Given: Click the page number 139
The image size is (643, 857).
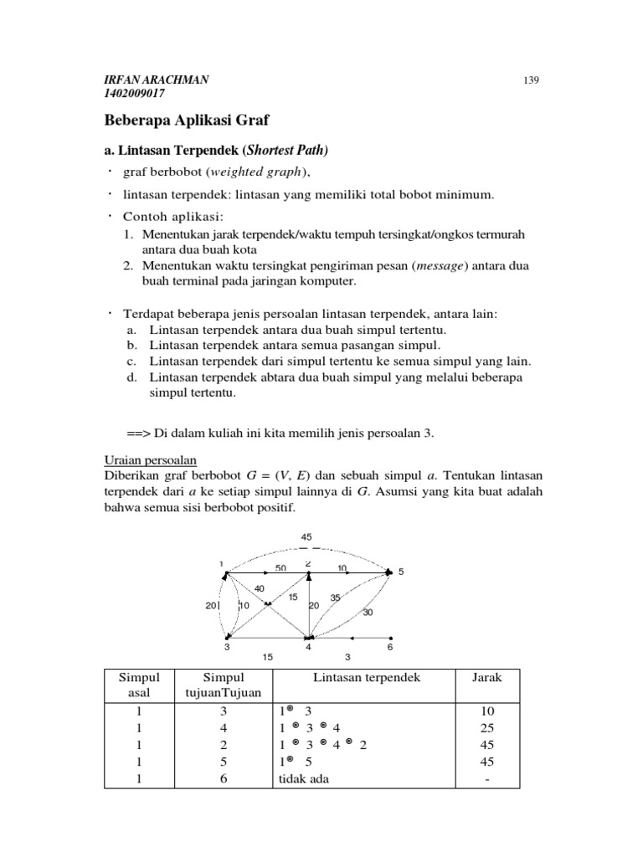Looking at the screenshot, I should (x=528, y=80).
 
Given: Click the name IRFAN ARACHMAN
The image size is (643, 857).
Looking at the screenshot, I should (x=157, y=80).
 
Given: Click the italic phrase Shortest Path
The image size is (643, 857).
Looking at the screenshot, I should (x=285, y=151).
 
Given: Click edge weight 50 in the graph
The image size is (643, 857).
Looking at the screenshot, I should (x=280, y=567).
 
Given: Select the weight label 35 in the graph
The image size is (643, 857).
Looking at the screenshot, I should (x=335, y=597).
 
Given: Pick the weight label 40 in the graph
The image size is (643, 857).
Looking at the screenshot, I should (x=259, y=588).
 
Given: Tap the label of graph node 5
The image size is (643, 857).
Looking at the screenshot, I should (x=401, y=572).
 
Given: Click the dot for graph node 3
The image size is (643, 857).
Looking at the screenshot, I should (x=228, y=638).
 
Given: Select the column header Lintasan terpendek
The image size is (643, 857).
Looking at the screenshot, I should (x=368, y=676).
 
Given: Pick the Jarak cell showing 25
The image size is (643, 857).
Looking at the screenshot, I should (x=486, y=727).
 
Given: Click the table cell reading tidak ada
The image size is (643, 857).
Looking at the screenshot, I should (x=305, y=778).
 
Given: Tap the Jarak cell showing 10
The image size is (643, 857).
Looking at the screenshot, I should (x=486, y=711).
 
